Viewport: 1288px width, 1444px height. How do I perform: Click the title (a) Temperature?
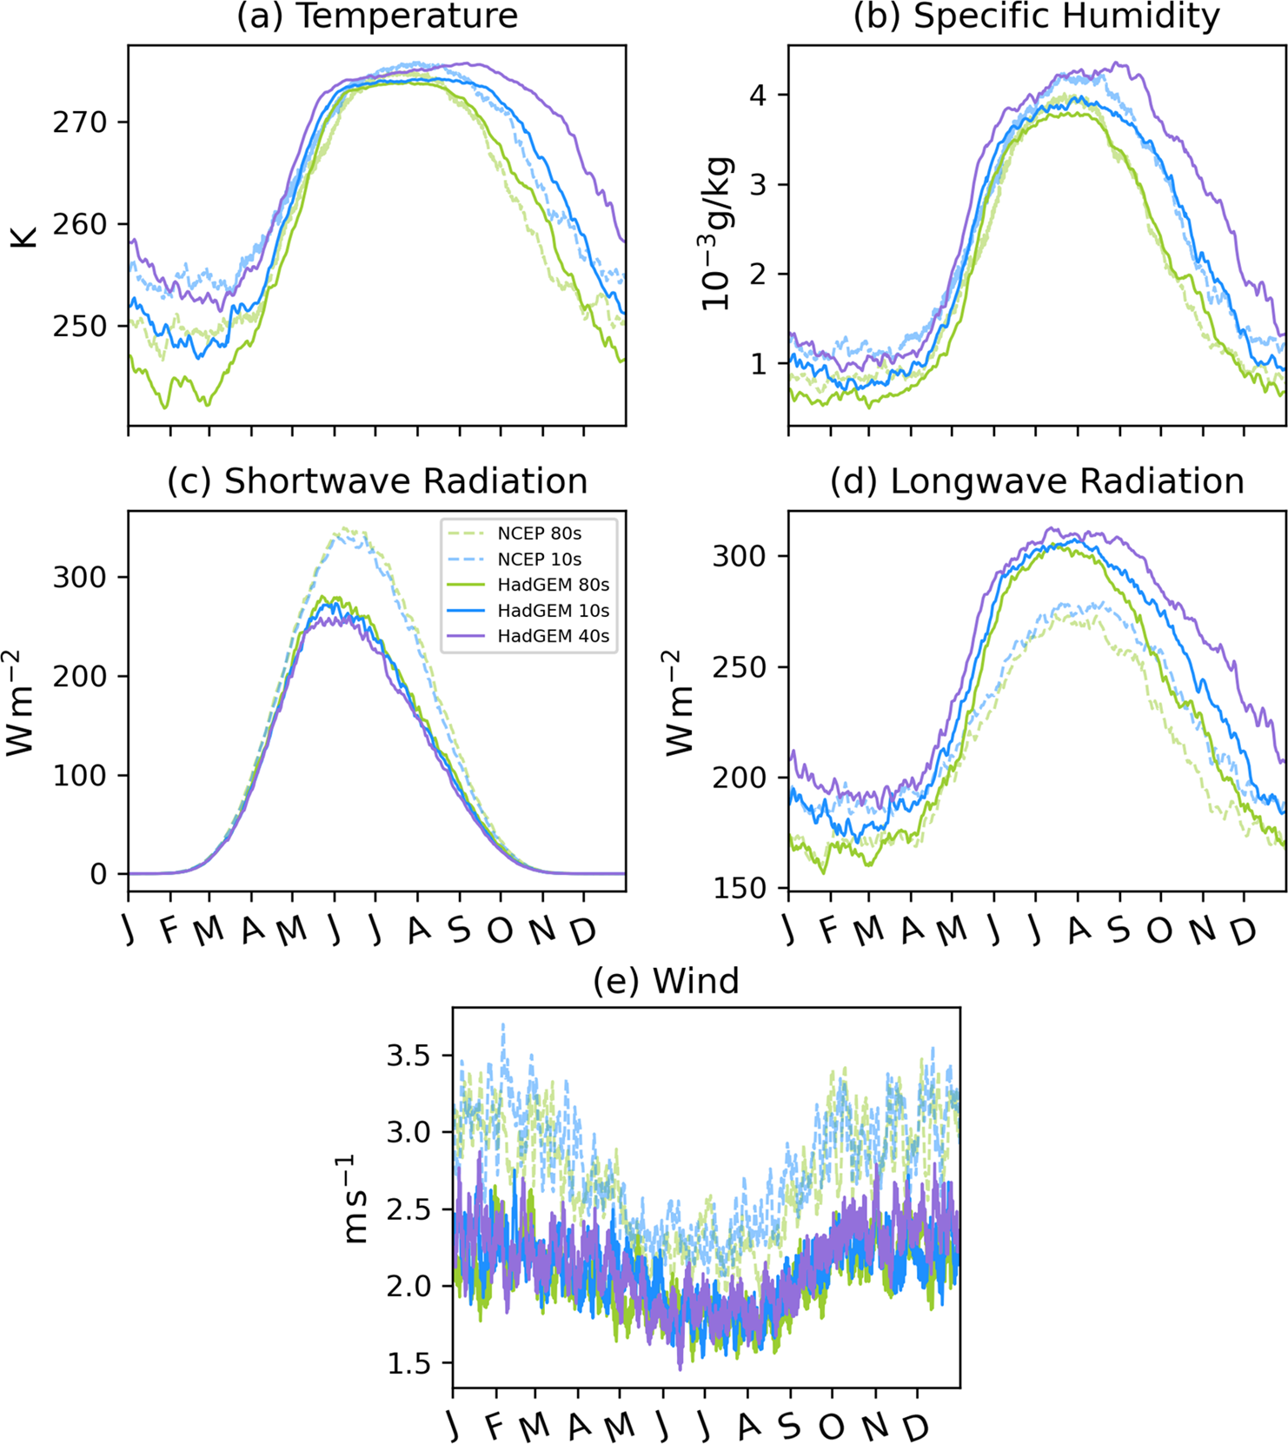pyautogui.click(x=377, y=17)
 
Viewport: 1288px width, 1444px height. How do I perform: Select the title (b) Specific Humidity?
pyautogui.click(x=1036, y=17)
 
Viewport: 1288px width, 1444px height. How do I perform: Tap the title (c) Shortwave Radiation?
pyautogui.click(x=377, y=481)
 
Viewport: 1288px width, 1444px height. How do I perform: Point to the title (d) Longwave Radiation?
pyautogui.click(x=1036, y=481)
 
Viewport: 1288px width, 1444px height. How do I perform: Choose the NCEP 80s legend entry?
pyautogui.click(x=539, y=533)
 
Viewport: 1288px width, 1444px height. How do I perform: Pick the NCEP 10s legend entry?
pyautogui.click(x=539, y=560)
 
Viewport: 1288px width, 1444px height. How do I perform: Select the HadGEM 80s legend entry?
pyautogui.click(x=553, y=585)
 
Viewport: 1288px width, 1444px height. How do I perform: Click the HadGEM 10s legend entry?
pyautogui.click(x=553, y=611)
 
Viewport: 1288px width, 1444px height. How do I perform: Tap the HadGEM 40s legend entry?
pyautogui.click(x=553, y=637)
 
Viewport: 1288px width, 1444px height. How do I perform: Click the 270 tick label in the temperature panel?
pyautogui.click(x=79, y=123)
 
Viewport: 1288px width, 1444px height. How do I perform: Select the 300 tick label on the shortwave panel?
pyautogui.click(x=79, y=578)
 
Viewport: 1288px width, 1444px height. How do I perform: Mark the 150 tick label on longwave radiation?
pyautogui.click(x=740, y=889)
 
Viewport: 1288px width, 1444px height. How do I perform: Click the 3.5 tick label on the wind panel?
pyautogui.click(x=408, y=1057)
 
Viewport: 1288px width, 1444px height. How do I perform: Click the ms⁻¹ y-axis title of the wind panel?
pyautogui.click(x=355, y=1199)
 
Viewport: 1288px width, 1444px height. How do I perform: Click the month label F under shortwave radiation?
pyautogui.click(x=169, y=931)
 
